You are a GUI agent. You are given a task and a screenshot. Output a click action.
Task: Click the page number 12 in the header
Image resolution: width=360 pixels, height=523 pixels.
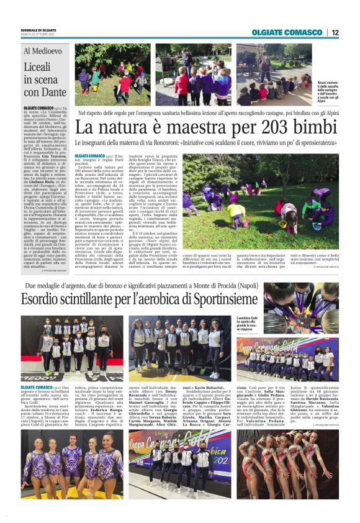(335, 32)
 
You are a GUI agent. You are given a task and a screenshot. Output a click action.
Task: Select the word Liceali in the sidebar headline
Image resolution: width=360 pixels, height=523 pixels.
(39, 67)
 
